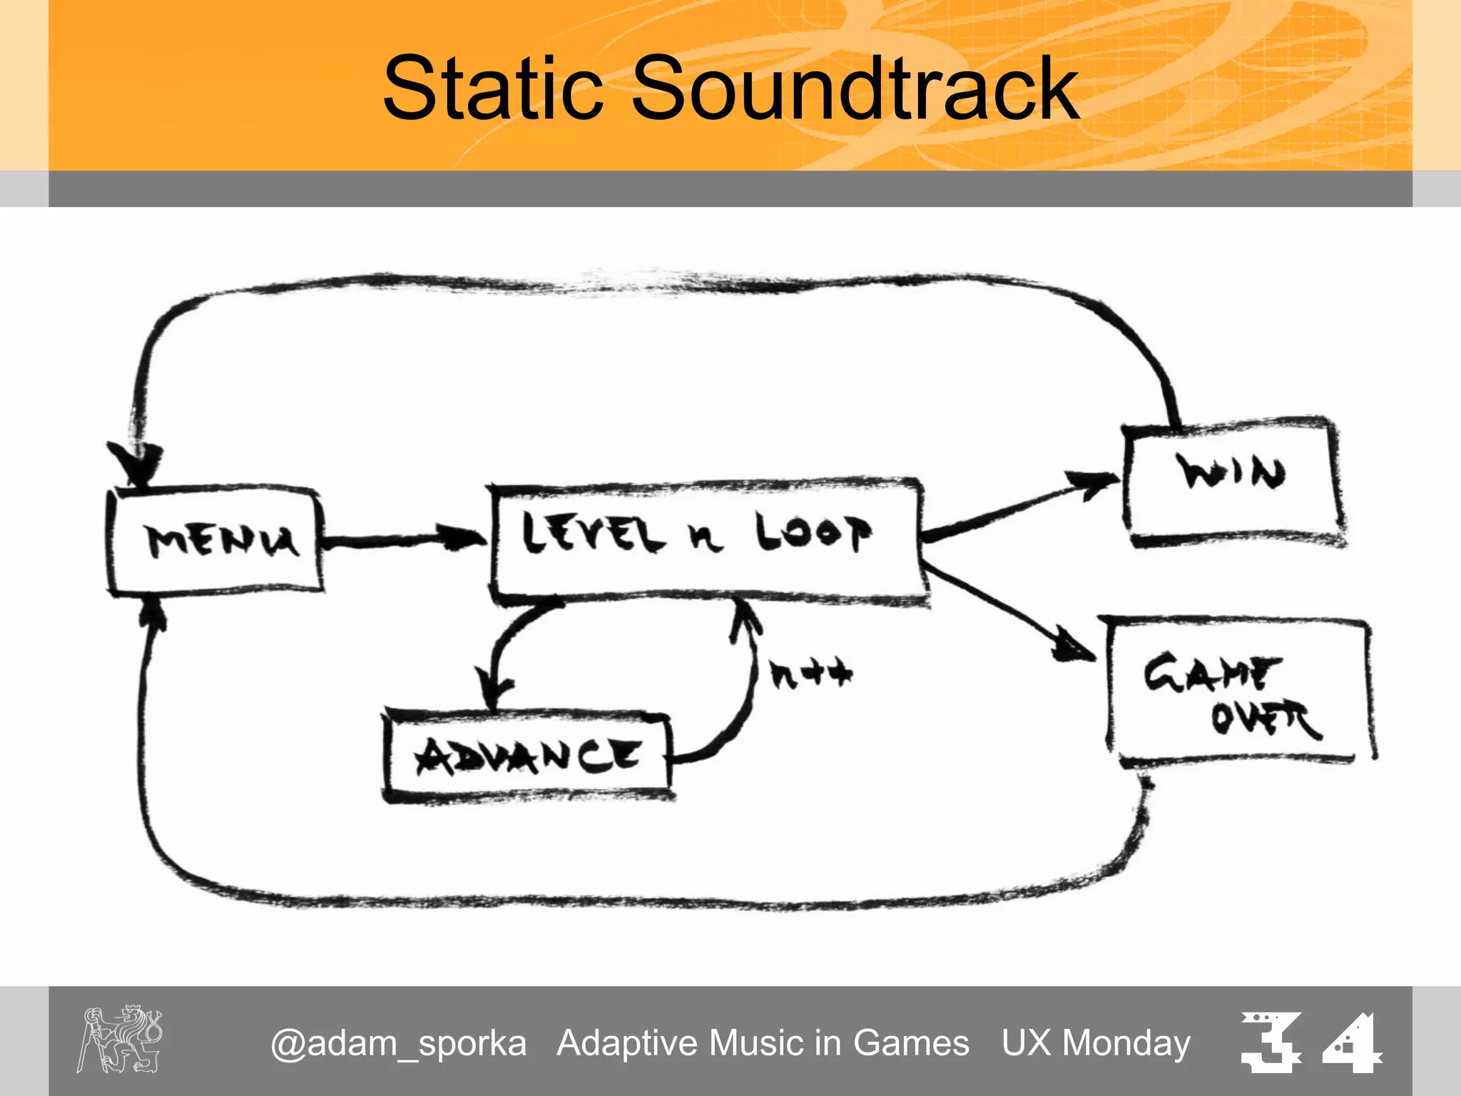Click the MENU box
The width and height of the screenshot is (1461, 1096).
215,540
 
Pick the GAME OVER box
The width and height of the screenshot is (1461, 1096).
1240,691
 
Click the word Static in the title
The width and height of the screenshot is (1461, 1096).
492,88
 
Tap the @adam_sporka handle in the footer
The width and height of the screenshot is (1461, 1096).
398,1043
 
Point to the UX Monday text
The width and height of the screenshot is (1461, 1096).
1096,1043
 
